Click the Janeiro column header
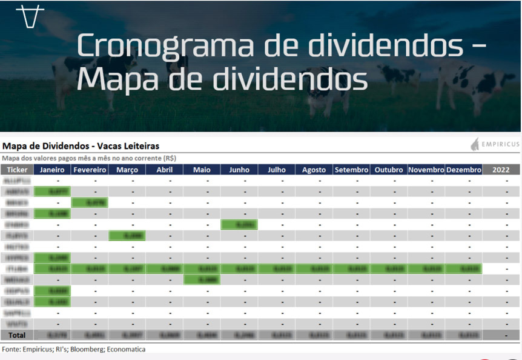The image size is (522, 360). click(52, 170)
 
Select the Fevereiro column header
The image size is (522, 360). click(90, 170)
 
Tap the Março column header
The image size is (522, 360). click(127, 170)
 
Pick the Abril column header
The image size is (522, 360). click(164, 170)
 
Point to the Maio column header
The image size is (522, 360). click(202, 170)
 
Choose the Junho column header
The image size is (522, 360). click(239, 170)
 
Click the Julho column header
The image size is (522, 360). click(277, 170)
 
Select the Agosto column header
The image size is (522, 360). click(314, 170)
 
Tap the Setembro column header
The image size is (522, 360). click(351, 170)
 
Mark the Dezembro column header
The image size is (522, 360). click(463, 170)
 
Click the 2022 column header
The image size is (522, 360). click(501, 170)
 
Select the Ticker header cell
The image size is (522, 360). click(17, 170)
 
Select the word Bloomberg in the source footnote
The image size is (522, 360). click(88, 349)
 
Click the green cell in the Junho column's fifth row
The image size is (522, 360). click(239, 224)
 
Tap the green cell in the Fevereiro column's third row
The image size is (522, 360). click(90, 202)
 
